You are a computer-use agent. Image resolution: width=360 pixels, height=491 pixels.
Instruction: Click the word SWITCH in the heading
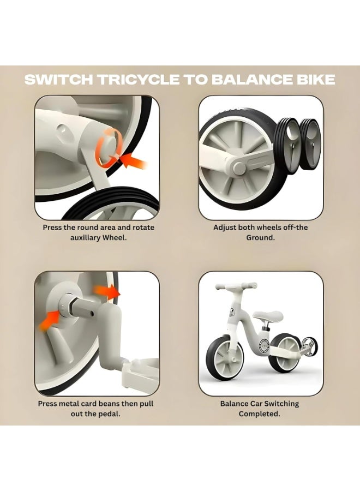[59, 80]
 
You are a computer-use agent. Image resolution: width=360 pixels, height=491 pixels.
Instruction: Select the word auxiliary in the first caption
[86, 237]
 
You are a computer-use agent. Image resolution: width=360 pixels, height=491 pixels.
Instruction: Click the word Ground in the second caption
[260, 237]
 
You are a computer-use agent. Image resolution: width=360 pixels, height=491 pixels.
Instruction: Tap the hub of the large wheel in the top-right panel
[238, 166]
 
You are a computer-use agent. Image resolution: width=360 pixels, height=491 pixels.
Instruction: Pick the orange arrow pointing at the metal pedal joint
[49, 320]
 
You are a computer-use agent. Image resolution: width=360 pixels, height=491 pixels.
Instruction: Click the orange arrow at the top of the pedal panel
[107, 292]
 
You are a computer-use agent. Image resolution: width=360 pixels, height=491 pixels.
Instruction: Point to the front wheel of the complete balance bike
[224, 358]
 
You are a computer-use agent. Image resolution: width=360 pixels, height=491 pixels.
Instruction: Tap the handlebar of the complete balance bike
[236, 286]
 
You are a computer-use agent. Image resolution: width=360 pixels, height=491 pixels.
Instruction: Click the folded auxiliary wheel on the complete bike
[309, 346]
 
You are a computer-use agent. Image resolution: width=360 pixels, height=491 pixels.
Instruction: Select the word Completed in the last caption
[259, 414]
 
